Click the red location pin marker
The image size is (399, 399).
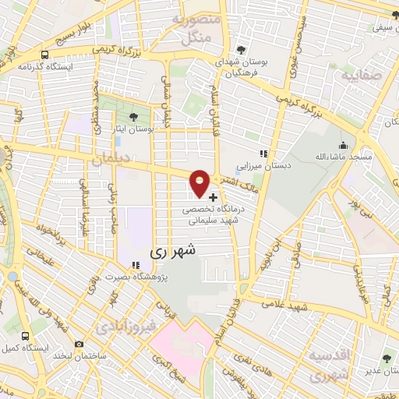point(200,182)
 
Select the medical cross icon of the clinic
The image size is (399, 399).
point(214,197)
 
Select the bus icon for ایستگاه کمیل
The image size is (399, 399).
point(27,335)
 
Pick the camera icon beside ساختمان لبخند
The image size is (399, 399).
point(78,344)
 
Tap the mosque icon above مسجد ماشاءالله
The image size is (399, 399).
point(343,145)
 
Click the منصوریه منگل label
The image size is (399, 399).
point(192,29)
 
